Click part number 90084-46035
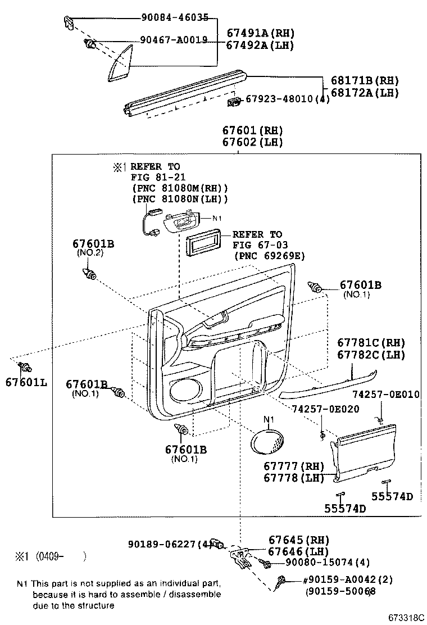tap(174, 18)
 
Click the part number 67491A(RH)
tap(260, 33)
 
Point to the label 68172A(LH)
tap(365, 93)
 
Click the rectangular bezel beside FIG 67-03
tap(202, 244)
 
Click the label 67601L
tap(26, 383)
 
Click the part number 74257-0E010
tap(385, 394)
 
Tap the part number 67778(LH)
tap(294, 478)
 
